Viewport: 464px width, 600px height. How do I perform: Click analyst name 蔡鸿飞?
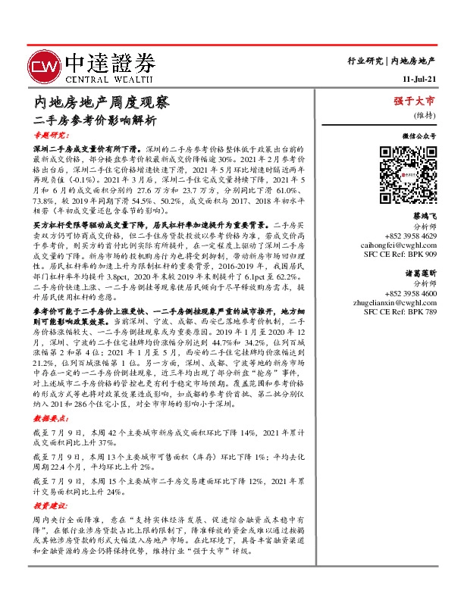[422, 216]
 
